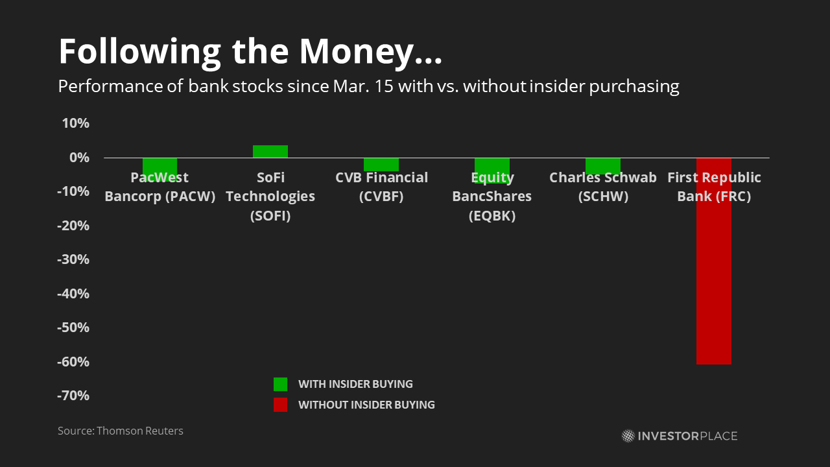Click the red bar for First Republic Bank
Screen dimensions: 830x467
point(714,261)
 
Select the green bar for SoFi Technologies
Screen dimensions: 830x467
point(270,152)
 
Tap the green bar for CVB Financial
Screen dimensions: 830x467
point(381,165)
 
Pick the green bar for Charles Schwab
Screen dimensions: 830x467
point(603,166)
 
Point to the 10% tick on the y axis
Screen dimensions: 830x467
point(76,123)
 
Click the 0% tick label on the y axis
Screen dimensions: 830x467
point(79,158)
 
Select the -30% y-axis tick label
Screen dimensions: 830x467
point(73,259)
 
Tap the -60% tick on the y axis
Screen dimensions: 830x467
point(73,362)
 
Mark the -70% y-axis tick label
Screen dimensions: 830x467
point(73,396)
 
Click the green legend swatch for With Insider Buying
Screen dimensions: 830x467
point(281,385)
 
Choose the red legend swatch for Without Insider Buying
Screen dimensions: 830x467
point(281,405)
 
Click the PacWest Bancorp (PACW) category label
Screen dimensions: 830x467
point(160,187)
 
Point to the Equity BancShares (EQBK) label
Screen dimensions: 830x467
point(492,197)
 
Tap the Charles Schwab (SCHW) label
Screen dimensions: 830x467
point(603,187)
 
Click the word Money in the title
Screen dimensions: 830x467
point(356,52)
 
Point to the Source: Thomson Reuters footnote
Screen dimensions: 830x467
point(121,431)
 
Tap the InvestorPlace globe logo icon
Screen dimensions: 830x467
point(628,436)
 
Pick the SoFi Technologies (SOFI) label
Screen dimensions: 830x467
point(270,197)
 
